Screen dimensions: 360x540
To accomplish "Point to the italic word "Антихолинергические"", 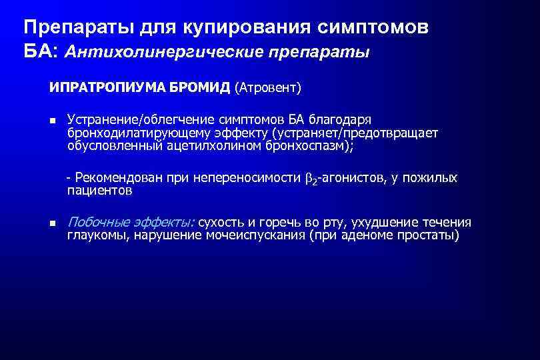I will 156,52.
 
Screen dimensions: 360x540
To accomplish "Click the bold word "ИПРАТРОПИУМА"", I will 96,87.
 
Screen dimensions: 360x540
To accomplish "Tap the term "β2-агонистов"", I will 342,179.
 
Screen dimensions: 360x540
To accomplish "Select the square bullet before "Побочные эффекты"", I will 51,224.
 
